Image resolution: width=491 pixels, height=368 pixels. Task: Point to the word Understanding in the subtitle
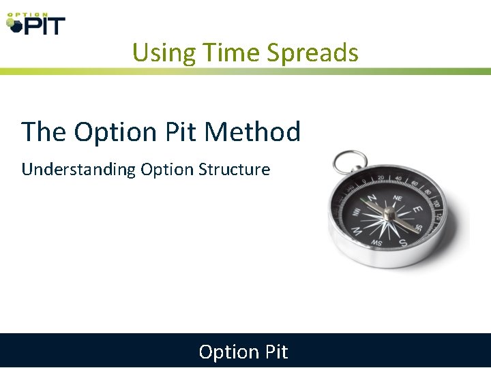78,169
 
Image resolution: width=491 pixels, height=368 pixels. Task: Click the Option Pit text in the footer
243,352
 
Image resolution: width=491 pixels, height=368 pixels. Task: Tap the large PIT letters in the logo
44,26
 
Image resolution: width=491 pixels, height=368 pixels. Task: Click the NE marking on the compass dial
398,198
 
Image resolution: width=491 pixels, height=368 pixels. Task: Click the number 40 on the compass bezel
398,179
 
